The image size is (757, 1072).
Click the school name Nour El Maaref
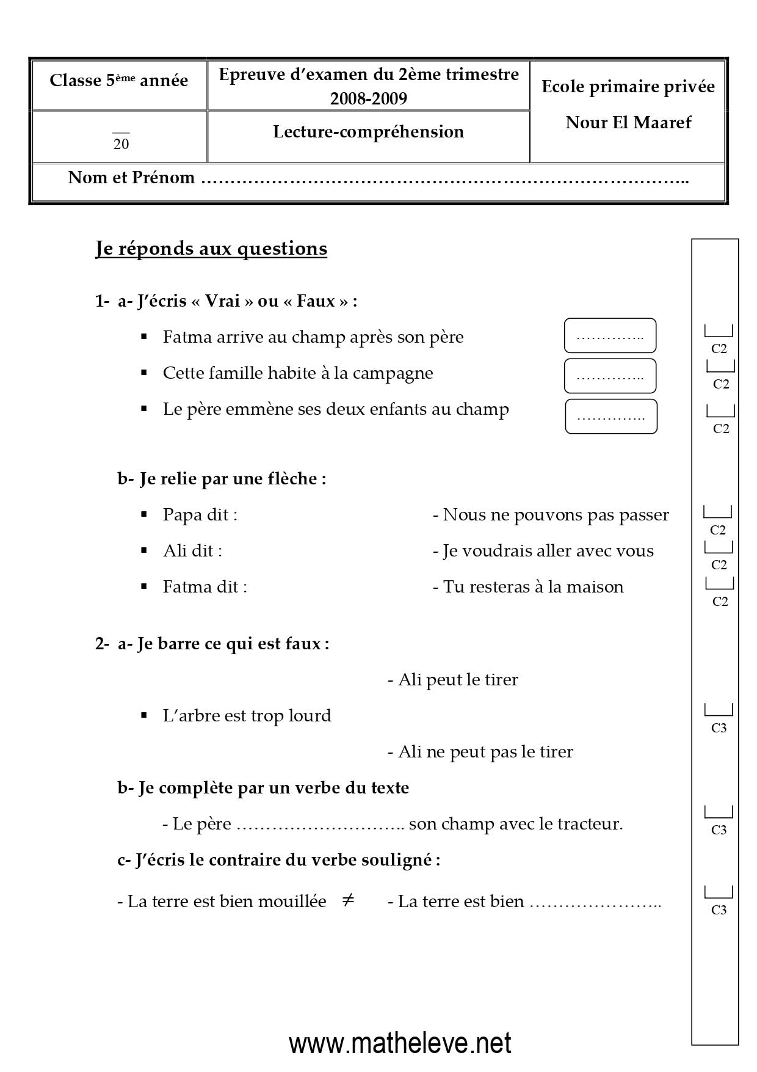(628, 122)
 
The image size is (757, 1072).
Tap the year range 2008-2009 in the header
(368, 98)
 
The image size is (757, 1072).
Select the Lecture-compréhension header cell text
(368, 131)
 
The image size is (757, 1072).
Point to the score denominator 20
(121, 144)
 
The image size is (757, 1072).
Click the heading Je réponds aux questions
(211, 249)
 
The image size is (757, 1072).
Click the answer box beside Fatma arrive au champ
(610, 335)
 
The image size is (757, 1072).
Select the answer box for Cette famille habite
(610, 376)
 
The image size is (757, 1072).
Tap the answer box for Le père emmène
(610, 417)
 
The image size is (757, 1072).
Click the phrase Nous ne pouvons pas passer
(556, 515)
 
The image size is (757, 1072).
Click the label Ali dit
(192, 551)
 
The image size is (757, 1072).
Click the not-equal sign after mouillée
(348, 900)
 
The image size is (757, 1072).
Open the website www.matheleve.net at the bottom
(400, 1043)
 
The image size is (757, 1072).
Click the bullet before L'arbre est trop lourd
(144, 715)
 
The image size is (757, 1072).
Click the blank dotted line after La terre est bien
(595, 903)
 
